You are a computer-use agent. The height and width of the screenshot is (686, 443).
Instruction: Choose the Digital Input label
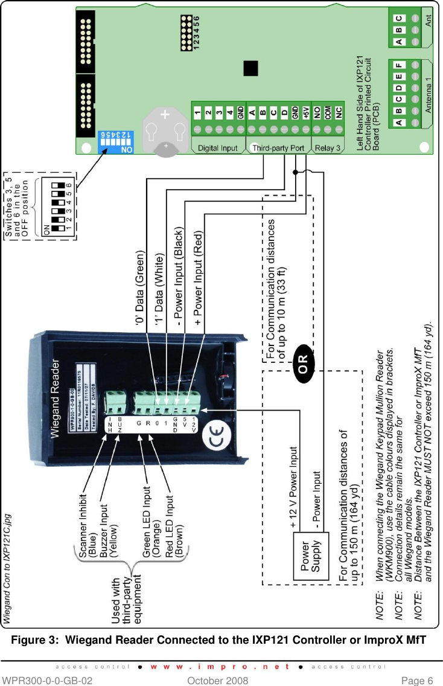[x=218, y=147]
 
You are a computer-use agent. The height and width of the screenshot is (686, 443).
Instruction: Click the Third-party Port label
[x=278, y=147]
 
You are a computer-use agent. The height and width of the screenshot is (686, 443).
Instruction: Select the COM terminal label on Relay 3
[x=327, y=112]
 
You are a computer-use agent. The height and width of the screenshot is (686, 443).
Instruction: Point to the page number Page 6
[x=416, y=681]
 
